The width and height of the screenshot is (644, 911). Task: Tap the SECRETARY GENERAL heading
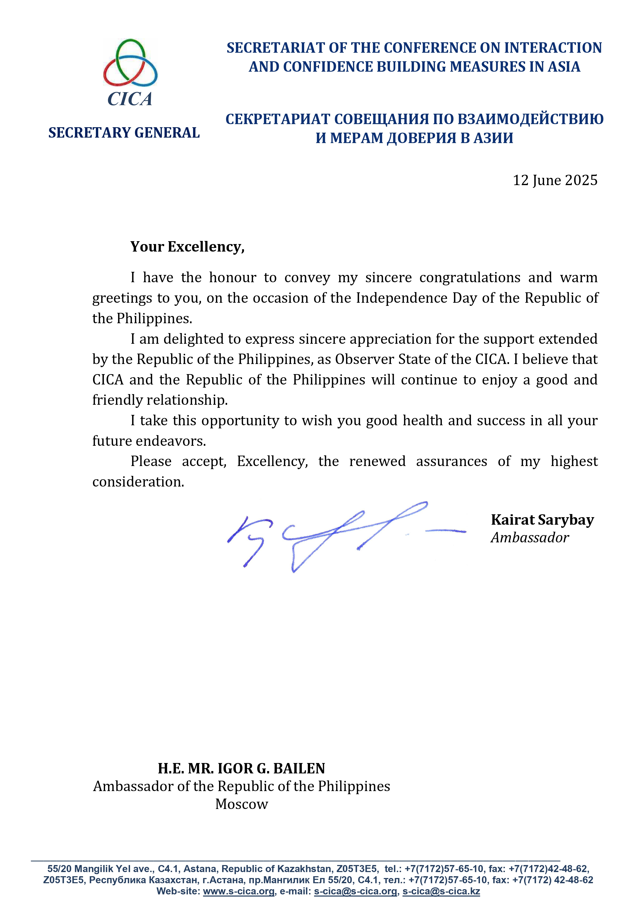point(124,133)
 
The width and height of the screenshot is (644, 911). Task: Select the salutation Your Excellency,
point(187,247)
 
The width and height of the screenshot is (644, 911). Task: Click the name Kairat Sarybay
point(542,520)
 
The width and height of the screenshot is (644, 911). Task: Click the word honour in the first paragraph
point(233,277)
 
